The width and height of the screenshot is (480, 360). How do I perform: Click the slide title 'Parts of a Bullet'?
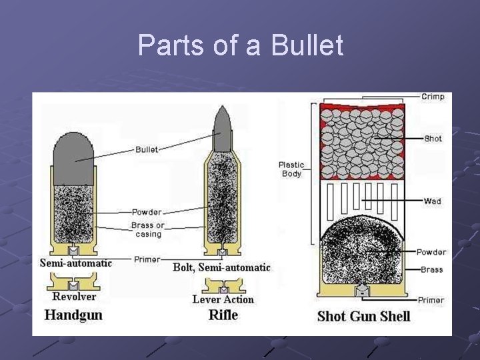[240, 45]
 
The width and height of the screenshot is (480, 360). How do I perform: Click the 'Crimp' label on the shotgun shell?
[433, 97]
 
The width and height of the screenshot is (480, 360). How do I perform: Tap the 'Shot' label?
[433, 139]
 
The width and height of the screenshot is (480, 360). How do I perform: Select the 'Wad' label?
[432, 201]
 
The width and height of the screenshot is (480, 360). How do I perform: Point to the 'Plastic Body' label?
[291, 169]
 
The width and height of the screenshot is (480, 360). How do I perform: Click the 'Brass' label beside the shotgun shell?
[432, 269]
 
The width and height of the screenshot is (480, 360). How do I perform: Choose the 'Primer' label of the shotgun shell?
[431, 300]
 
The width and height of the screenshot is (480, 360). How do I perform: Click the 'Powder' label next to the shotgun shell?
[431, 252]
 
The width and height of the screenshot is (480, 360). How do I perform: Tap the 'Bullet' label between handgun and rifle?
[147, 149]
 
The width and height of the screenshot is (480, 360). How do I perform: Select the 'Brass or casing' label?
[147, 230]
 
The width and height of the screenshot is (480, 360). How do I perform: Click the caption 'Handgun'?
[73, 314]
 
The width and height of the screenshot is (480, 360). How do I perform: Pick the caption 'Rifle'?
[223, 314]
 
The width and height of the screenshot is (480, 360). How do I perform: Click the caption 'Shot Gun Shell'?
[363, 315]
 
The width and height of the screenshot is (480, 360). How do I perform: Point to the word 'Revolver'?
[74, 297]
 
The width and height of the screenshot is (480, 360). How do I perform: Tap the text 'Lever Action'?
[223, 299]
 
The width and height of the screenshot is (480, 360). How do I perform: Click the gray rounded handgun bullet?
[75, 158]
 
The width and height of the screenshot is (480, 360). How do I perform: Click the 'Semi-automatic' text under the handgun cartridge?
[75, 263]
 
